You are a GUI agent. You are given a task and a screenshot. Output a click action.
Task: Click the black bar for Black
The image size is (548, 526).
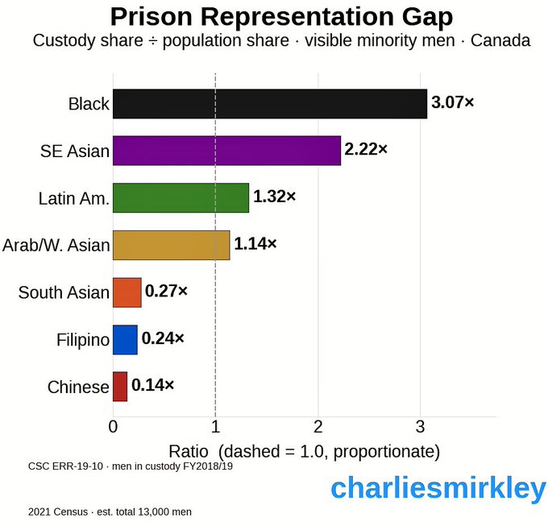tap(270, 104)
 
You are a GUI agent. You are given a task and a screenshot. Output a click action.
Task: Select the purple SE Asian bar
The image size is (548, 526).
tap(226, 151)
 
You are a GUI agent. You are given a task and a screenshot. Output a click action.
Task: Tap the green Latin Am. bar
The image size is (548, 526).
tap(181, 197)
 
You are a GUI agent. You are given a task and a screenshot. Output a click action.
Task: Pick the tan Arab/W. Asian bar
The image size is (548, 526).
tap(171, 245)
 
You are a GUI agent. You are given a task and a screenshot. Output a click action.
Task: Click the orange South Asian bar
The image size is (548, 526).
tap(127, 292)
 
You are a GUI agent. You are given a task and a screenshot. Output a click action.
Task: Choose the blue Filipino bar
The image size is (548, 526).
tap(125, 340)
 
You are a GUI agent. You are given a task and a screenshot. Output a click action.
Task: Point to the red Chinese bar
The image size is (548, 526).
tap(120, 387)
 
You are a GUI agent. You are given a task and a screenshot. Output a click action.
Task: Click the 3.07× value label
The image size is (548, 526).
tap(453, 102)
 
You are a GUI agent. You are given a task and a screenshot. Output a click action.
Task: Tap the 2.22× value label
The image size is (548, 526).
tap(366, 150)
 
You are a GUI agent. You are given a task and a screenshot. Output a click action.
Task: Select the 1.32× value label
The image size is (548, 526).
tap(274, 197)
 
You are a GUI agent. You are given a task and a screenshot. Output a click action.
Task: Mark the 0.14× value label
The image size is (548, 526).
tap(152, 385)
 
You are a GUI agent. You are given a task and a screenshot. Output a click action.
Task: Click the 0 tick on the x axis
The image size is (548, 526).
tap(113, 425)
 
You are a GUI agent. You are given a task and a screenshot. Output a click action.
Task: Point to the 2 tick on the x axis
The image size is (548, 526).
tap(318, 425)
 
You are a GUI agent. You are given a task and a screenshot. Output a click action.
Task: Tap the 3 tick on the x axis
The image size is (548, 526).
tap(421, 425)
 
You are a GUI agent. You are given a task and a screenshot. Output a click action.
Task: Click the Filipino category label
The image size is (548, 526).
tap(83, 340)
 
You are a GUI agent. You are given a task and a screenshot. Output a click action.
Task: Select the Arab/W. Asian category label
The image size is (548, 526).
tap(56, 246)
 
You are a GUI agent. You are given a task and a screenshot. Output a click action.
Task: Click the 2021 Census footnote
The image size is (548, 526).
tap(110, 512)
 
